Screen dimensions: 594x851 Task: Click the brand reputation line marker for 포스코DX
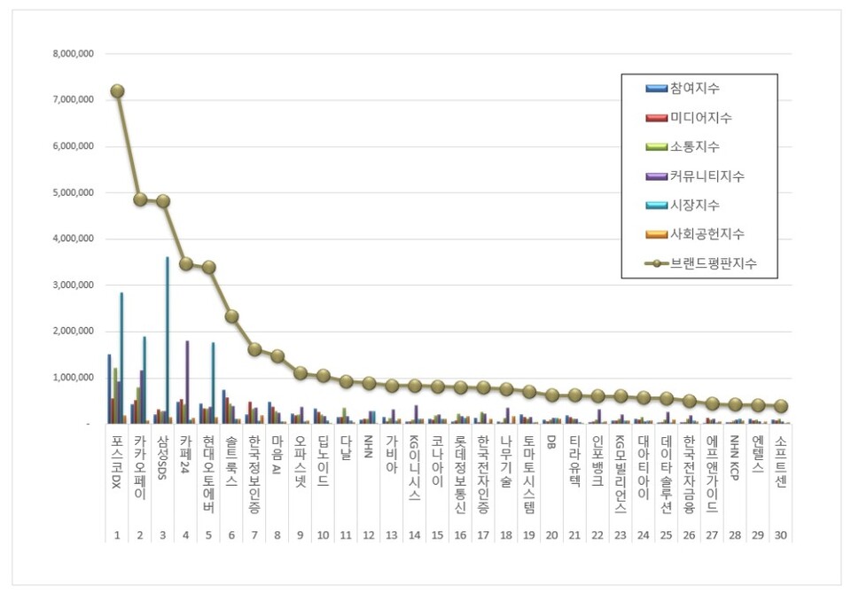pos(117,90)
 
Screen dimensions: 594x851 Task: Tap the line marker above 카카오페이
pos(140,199)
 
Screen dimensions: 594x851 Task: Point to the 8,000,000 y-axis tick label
pos(74,54)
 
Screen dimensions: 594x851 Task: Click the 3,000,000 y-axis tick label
pos(74,285)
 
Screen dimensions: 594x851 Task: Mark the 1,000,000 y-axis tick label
pos(74,378)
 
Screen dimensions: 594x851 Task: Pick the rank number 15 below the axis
pos(437,535)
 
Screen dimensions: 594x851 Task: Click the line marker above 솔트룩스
pos(231,316)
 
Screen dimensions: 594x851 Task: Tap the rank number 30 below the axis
pos(780,535)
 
